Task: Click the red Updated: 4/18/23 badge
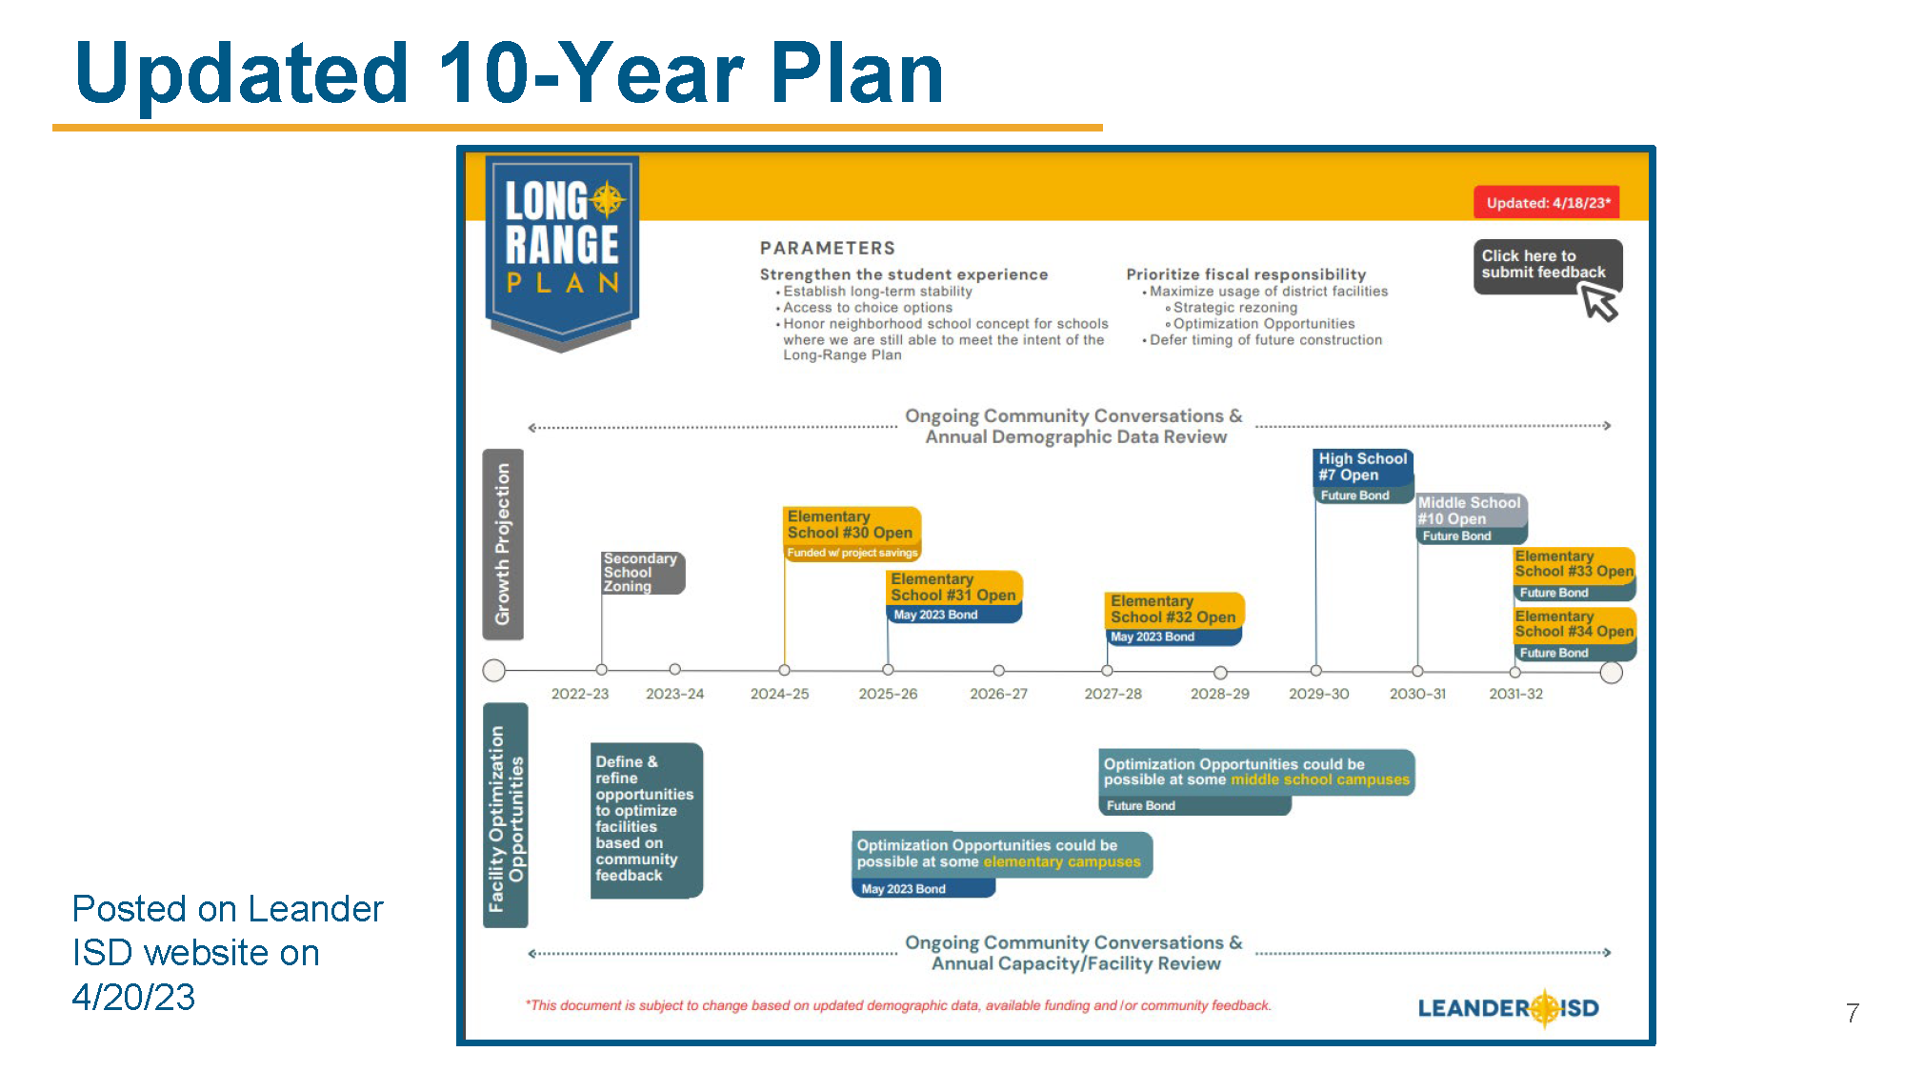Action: tap(1546, 203)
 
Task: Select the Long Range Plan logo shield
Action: tap(562, 249)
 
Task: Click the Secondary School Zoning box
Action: tap(641, 573)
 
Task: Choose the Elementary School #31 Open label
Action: tap(953, 588)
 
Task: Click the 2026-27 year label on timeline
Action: tap(998, 694)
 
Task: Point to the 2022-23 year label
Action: tap(579, 694)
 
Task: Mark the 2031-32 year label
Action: tap(1515, 694)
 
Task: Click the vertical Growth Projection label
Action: tap(503, 544)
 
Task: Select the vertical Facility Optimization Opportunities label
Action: tap(506, 817)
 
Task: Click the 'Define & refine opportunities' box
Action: tap(645, 819)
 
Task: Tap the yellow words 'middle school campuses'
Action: tap(1319, 779)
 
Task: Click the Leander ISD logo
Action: tap(1508, 1008)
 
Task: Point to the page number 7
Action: tap(1852, 1013)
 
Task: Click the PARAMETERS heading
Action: tap(827, 248)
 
